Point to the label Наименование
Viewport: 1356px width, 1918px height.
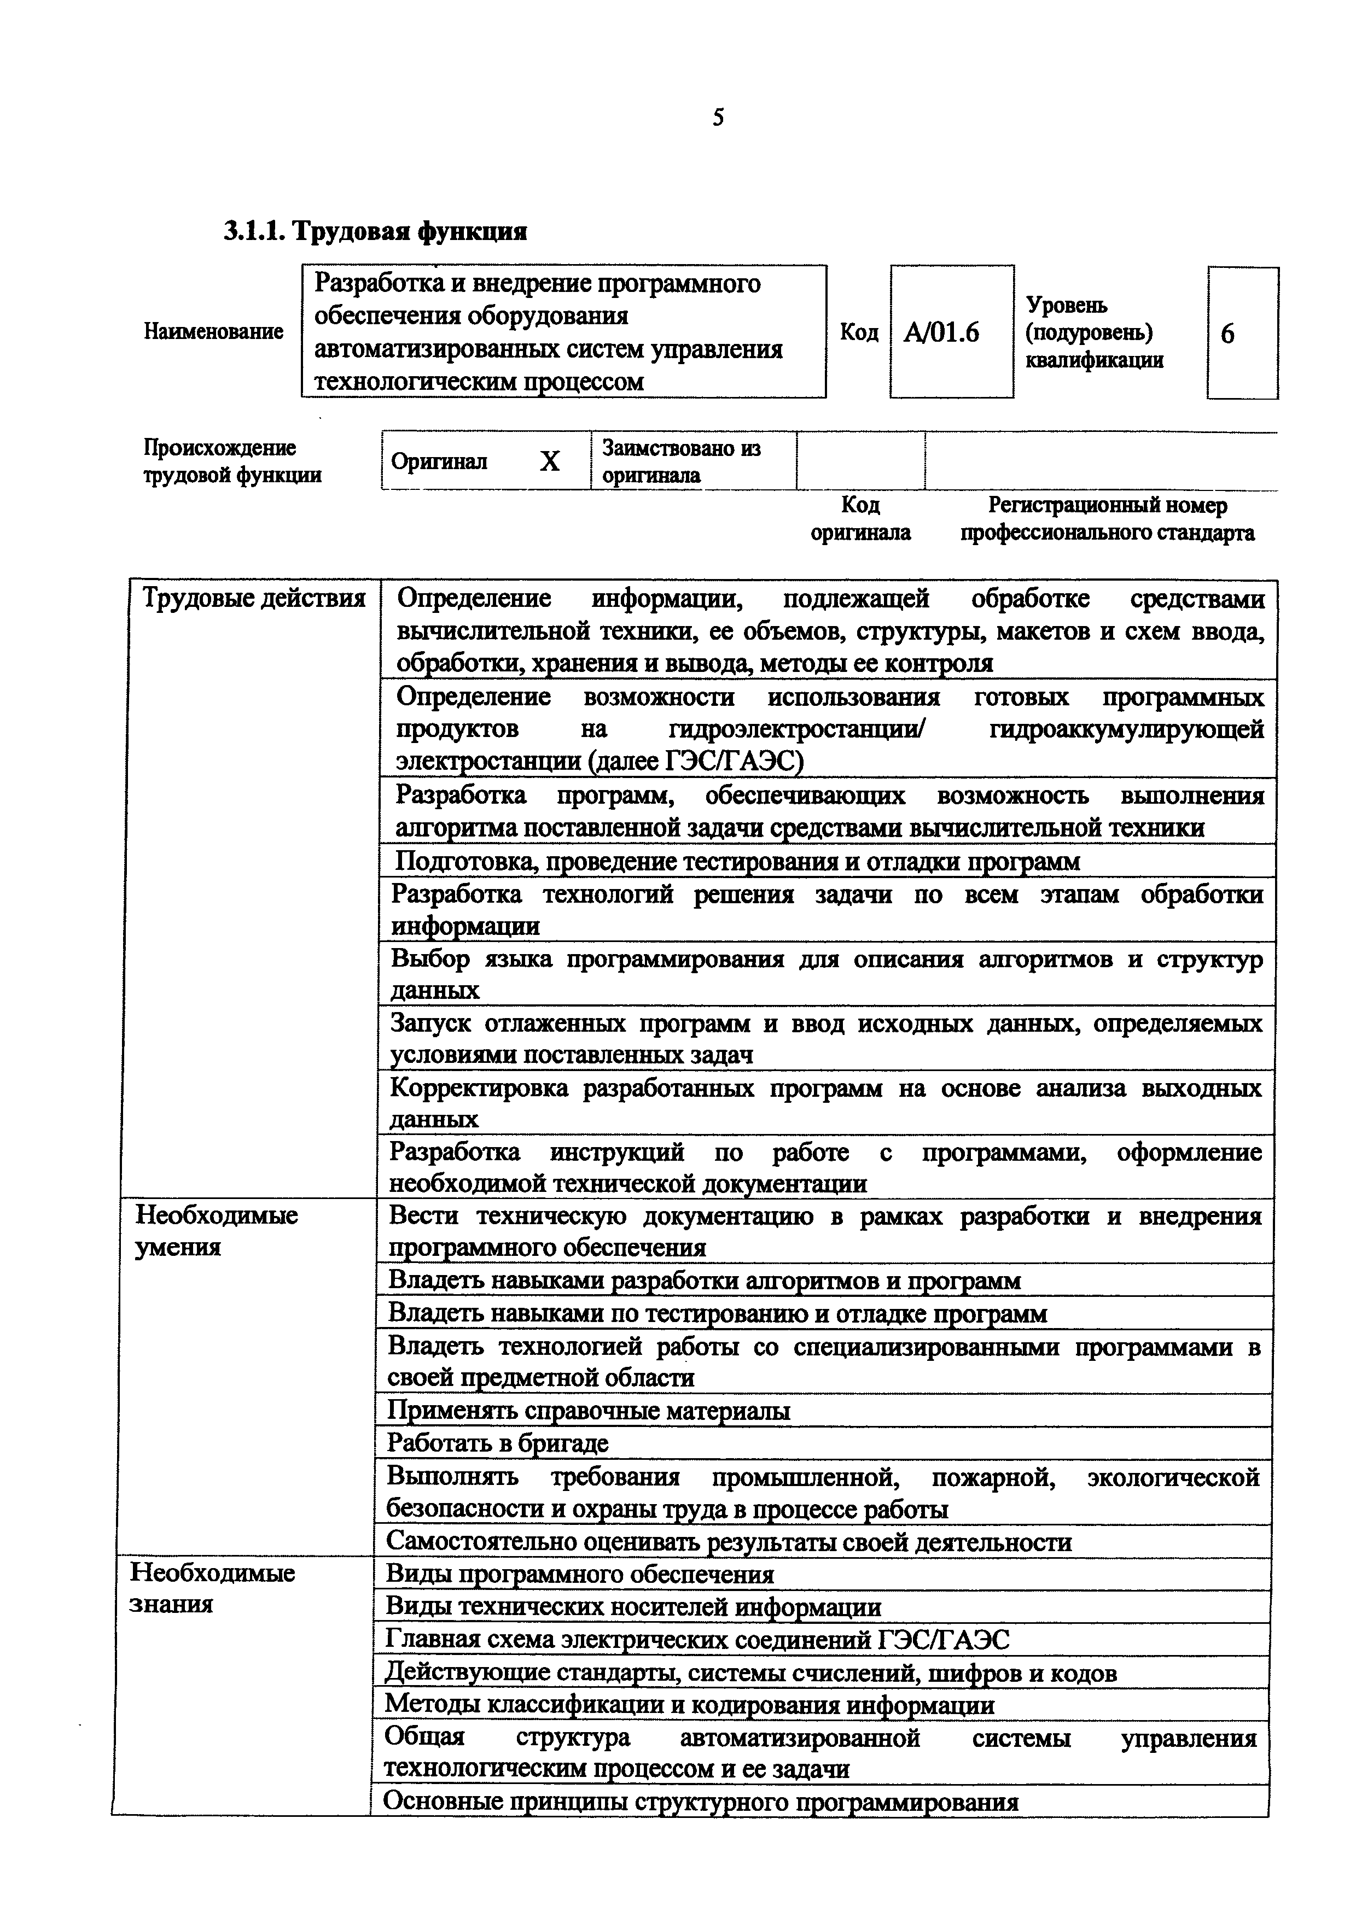[213, 332]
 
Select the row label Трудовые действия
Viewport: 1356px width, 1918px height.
[254, 599]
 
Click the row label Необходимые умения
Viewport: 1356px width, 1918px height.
[216, 1231]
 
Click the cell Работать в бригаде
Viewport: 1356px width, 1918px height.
[497, 1443]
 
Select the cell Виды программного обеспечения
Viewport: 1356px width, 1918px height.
[580, 1575]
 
